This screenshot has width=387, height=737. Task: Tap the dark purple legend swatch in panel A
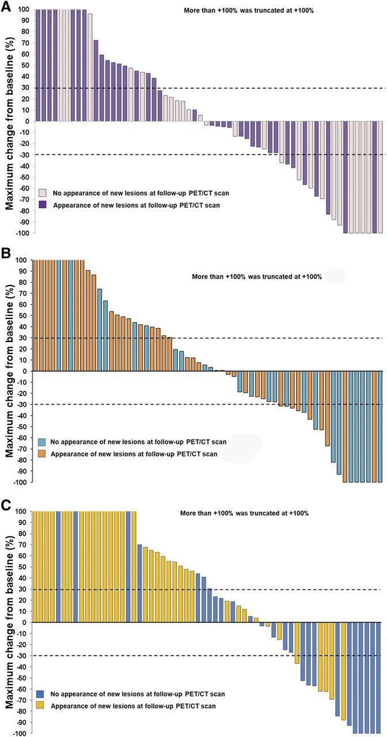point(43,204)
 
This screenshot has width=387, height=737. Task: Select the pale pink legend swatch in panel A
point(43,193)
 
